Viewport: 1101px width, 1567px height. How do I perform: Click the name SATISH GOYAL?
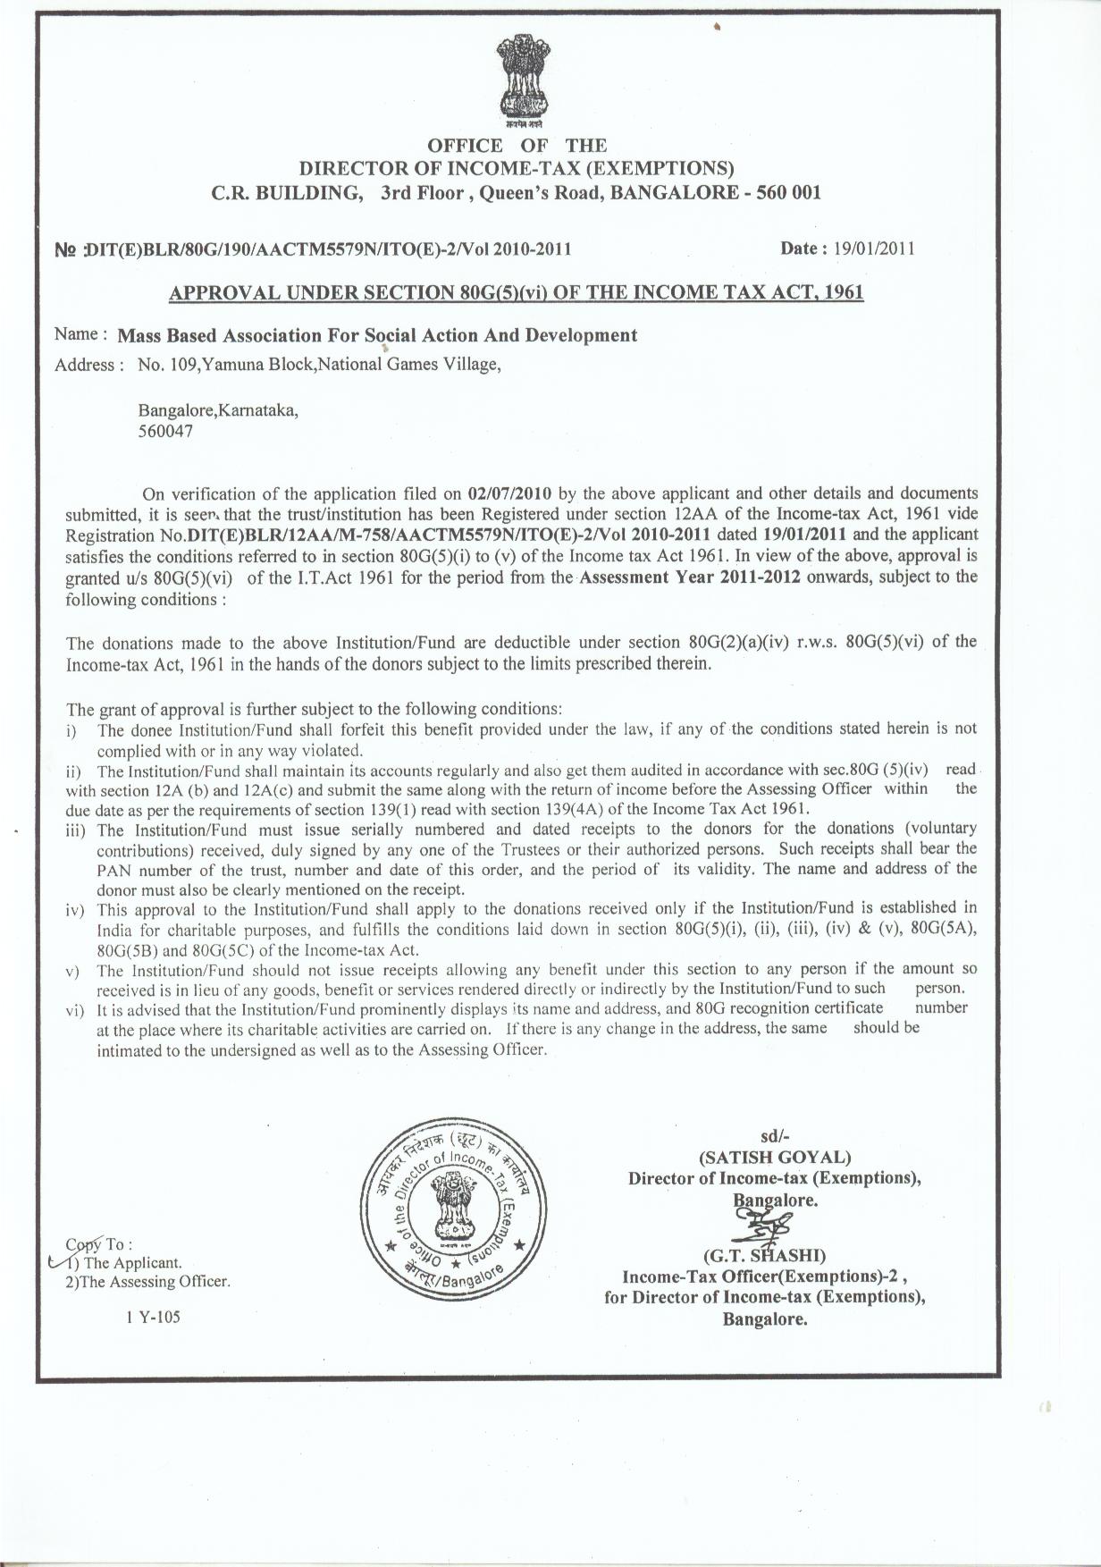tap(774, 1157)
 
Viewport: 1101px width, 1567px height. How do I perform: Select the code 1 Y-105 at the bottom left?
tap(153, 1316)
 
